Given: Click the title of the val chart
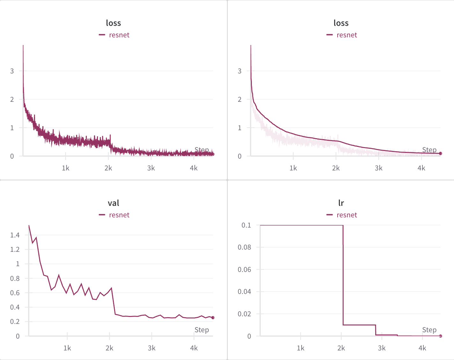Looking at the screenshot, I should pyautogui.click(x=113, y=203).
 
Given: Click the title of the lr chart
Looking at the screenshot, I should pyautogui.click(x=341, y=203).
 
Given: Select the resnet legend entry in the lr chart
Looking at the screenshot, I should pyautogui.click(x=347, y=215).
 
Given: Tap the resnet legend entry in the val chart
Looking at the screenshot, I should pyautogui.click(x=119, y=215).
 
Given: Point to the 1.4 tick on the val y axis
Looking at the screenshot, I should pyautogui.click(x=15, y=235).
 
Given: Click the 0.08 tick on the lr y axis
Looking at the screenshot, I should pyautogui.click(x=244, y=247).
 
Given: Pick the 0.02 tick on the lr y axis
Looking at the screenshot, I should pyautogui.click(x=244, y=314).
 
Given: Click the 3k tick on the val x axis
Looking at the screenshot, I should pyautogui.click(x=152, y=348).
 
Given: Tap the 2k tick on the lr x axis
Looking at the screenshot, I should pyautogui.click(x=341, y=348).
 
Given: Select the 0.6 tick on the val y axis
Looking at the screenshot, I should pyautogui.click(x=15, y=293).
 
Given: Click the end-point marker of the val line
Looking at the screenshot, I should pyautogui.click(x=213, y=318).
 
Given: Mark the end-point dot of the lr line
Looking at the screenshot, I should pyautogui.click(x=441, y=336).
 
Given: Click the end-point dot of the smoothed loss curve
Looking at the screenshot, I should pyautogui.click(x=441, y=154).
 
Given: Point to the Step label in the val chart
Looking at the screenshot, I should pyautogui.click(x=202, y=330).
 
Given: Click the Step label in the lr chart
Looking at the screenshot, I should pyautogui.click(x=429, y=330).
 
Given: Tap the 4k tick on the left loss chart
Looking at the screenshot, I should pyautogui.click(x=194, y=168).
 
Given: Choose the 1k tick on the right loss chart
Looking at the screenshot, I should pyautogui.click(x=293, y=168).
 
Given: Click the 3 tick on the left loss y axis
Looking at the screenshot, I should pyautogui.click(x=12, y=71).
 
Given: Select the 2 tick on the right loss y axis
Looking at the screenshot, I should pyautogui.click(x=240, y=100).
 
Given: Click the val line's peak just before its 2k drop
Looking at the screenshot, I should pyautogui.click(x=111, y=288).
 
